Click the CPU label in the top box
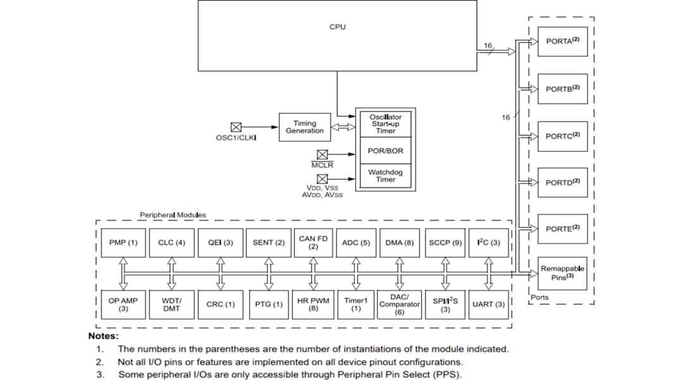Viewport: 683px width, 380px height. coord(338,27)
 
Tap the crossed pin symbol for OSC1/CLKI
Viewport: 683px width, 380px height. coord(236,127)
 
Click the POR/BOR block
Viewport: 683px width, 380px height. coord(385,151)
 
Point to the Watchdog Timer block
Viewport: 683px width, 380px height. coord(385,175)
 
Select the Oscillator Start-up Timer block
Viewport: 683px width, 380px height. coord(385,123)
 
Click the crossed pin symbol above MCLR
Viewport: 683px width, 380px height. coord(322,154)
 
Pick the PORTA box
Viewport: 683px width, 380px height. coord(562,41)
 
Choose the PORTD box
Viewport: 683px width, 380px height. coord(562,182)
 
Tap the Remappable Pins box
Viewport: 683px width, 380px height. coord(562,272)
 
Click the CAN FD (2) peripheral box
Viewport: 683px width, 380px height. coord(313,243)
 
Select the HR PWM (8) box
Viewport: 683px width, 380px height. coord(313,305)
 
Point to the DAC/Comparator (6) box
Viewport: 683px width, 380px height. coord(399,305)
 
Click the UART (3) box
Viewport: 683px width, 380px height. coord(489,305)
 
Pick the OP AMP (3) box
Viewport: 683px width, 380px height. coord(123,305)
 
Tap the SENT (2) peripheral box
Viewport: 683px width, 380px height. coord(269,243)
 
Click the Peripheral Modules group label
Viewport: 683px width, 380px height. coord(173,215)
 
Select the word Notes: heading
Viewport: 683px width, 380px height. coord(103,336)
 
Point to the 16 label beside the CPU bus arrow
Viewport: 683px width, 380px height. coord(488,46)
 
